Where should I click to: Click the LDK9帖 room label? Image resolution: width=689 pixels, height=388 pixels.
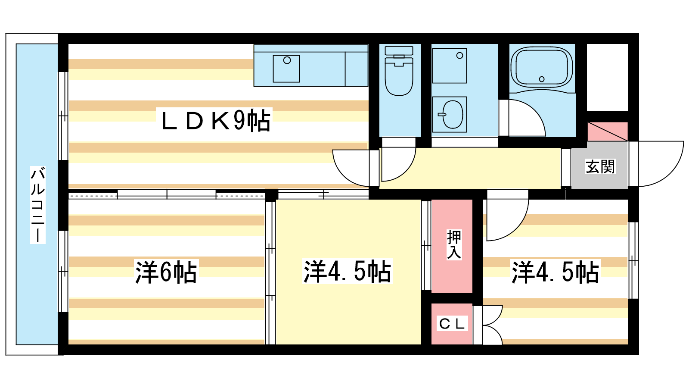pyautogui.click(x=215, y=121)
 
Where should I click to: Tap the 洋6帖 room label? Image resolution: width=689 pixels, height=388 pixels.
pyautogui.click(x=166, y=272)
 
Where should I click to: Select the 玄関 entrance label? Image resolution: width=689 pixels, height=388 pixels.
pyautogui.click(x=600, y=166)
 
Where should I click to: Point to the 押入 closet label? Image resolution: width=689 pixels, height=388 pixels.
pyautogui.click(x=454, y=245)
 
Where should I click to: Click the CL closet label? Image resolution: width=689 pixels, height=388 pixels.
pyautogui.click(x=452, y=324)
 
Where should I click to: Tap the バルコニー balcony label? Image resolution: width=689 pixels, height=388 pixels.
pyautogui.click(x=37, y=205)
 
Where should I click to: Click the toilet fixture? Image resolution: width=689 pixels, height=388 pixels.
pyautogui.click(x=399, y=71)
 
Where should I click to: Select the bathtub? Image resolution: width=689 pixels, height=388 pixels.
pyautogui.click(x=542, y=68)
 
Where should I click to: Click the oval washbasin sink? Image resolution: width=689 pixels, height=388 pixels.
pyautogui.click(x=453, y=114)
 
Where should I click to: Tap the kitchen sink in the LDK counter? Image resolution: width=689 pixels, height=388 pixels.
pyautogui.click(x=286, y=69)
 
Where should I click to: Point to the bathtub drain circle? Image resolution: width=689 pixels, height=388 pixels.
pyautogui.click(x=542, y=79)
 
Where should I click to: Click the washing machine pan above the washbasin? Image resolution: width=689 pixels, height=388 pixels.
pyautogui.click(x=450, y=66)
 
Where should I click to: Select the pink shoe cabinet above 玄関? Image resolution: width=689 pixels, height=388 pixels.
pyautogui.click(x=608, y=132)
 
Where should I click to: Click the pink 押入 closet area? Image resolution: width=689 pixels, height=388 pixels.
pyautogui.click(x=452, y=246)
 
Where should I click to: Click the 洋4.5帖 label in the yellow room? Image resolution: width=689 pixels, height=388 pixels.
pyautogui.click(x=348, y=271)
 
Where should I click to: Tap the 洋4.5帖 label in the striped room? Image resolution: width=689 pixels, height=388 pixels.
pyautogui.click(x=556, y=272)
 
